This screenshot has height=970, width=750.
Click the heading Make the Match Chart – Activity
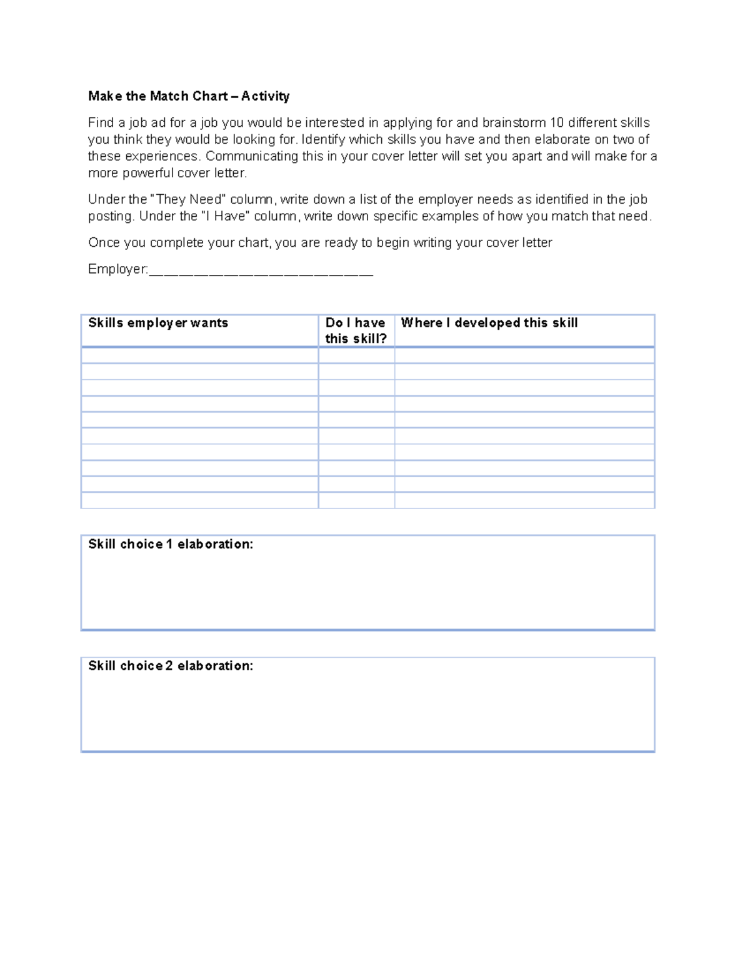tap(189, 96)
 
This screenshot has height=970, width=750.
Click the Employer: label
tap(117, 270)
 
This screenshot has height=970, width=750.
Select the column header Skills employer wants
tap(158, 323)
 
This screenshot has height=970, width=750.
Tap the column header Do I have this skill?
tap(356, 330)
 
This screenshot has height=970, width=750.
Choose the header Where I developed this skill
tap(489, 323)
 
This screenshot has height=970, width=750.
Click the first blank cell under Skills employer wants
tap(199, 355)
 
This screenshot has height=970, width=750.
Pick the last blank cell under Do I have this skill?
tap(356, 500)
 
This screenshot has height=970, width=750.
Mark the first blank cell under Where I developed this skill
tap(524, 355)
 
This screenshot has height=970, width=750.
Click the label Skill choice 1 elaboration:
tap(171, 545)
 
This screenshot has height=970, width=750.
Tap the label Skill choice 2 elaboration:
tap(171, 666)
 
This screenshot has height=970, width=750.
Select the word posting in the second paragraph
tap(111, 217)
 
